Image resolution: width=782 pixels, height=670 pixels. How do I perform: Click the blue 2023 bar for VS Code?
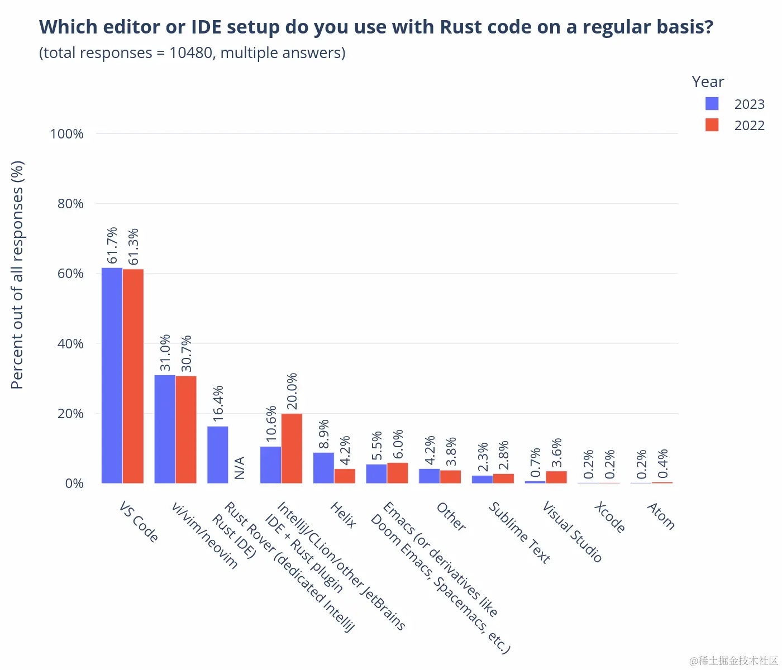112,375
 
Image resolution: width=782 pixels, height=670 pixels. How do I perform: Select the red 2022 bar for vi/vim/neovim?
186,429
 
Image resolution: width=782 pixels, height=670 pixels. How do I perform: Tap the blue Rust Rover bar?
217,454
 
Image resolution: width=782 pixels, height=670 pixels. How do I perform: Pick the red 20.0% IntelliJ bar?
292,448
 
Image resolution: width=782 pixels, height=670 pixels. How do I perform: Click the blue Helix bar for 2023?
323,468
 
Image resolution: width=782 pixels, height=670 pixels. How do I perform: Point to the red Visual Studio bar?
556,477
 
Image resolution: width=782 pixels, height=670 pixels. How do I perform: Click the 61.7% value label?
112,245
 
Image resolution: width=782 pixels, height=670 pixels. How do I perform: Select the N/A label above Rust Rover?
239,468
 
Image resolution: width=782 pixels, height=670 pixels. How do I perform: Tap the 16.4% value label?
218,403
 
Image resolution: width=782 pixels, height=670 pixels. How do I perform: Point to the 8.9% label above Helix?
324,434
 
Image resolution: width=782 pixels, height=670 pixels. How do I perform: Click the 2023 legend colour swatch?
712,104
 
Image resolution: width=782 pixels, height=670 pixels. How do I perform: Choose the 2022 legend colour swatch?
712,125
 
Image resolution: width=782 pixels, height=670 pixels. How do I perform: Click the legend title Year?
708,82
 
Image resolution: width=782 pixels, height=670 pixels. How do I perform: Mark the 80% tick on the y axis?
70,204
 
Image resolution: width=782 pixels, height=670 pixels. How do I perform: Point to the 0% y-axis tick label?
74,484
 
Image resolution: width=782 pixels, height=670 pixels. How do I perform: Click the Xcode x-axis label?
609,517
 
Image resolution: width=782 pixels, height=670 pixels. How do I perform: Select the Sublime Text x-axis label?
519,532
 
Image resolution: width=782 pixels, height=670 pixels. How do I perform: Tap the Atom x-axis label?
661,516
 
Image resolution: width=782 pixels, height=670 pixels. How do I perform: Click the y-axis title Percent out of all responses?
17,275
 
